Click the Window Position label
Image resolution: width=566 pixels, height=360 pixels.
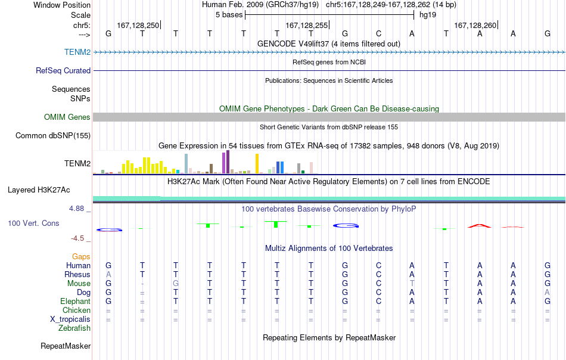pyautogui.click(x=62, y=5)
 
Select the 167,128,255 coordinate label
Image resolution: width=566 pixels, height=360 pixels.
pyautogui.click(x=306, y=25)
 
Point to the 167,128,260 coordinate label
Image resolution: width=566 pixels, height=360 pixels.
pyautogui.click(x=475, y=25)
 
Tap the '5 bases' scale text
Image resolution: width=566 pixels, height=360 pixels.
pyautogui.click(x=229, y=15)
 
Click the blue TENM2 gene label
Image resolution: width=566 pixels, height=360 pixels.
pyautogui.click(x=77, y=52)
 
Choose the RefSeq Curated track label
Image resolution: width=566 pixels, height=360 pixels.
pyautogui.click(x=63, y=70)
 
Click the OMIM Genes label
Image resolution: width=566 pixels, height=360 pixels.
pyautogui.click(x=67, y=117)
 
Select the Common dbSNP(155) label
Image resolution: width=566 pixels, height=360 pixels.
pyautogui.click(x=52, y=136)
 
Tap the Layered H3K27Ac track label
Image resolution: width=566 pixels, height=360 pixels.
pyautogui.click(x=39, y=190)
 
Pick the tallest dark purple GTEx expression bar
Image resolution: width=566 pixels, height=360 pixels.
pyautogui.click(x=228, y=162)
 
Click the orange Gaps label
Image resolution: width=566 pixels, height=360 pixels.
pyautogui.click(x=81, y=256)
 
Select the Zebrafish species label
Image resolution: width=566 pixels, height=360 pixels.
pyautogui.click(x=74, y=328)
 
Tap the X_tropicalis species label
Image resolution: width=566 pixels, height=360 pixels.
pyautogui.click(x=70, y=319)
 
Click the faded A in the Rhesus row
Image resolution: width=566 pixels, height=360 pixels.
pyautogui.click(x=108, y=274)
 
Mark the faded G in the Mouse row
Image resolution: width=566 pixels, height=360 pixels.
pyautogui.click(x=175, y=284)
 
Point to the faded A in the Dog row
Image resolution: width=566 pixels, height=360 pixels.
pyautogui.click(x=547, y=292)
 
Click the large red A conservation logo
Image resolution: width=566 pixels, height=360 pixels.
pyautogui.click(x=480, y=226)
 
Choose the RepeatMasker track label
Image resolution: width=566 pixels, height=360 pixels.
pyautogui.click(x=66, y=346)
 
